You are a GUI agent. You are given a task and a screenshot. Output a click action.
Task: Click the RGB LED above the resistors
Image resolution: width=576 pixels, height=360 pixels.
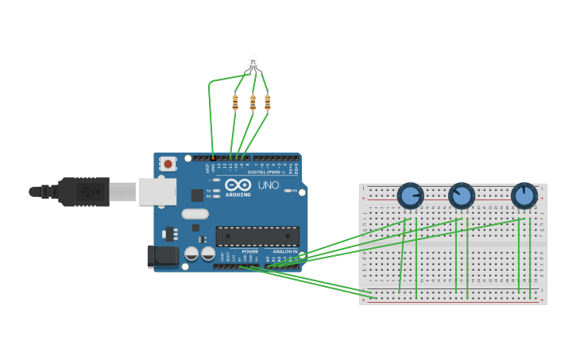click(253, 63)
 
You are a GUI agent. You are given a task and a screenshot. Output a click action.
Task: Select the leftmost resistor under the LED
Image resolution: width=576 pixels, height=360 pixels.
click(235, 102)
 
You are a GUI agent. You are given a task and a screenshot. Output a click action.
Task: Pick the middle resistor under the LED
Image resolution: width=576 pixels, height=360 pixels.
click(253, 103)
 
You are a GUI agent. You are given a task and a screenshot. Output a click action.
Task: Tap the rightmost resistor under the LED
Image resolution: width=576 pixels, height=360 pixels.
click(268, 102)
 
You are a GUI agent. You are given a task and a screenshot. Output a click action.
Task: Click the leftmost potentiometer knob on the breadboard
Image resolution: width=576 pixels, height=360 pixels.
click(410, 195)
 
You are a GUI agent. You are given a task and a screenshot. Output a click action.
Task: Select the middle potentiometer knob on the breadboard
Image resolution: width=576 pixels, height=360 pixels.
click(461, 195)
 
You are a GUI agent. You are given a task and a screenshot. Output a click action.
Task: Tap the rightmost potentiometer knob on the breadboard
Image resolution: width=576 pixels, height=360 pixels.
click(524, 195)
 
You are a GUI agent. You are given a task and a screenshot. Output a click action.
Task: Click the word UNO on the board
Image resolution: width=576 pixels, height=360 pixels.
click(269, 185)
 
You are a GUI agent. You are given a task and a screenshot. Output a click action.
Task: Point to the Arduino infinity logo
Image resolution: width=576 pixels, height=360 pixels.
click(238, 185)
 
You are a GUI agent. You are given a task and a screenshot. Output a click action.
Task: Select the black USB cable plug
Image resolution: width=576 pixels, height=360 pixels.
click(83, 192)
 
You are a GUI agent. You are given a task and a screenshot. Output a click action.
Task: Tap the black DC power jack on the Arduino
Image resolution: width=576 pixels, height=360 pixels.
click(163, 256)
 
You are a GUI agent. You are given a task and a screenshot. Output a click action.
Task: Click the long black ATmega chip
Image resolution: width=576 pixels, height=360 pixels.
click(257, 236)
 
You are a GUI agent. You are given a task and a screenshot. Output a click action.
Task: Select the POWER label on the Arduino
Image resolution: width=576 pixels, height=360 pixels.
click(249, 251)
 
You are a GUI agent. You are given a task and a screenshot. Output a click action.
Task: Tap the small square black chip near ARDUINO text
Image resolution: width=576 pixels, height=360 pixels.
click(197, 195)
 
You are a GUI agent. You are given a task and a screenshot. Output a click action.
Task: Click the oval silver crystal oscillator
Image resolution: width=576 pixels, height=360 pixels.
click(195, 214)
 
